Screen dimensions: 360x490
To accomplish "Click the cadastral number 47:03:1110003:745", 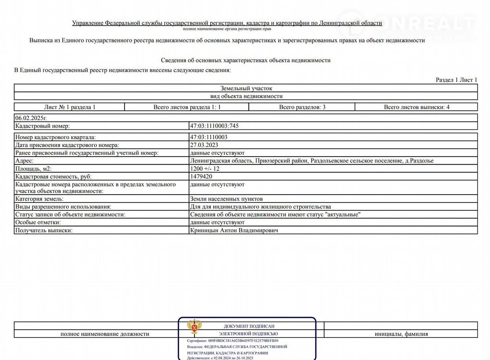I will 214,126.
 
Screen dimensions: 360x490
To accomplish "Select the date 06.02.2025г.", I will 31,118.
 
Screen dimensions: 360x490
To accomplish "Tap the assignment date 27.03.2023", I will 204,145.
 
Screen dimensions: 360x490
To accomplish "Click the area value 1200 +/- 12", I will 205,169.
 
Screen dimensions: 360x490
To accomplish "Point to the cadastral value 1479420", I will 201,177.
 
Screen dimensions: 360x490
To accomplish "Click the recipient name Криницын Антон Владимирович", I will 234,230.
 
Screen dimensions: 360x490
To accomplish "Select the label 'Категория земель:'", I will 40,199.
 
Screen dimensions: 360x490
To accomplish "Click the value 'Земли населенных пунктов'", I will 226,199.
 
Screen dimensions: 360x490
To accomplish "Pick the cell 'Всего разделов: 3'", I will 302,107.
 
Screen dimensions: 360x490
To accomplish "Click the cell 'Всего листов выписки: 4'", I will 416,107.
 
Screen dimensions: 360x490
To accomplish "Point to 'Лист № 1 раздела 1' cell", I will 70,107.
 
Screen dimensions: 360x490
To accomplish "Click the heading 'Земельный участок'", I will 246,89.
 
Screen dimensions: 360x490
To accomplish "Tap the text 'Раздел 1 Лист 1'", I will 456,80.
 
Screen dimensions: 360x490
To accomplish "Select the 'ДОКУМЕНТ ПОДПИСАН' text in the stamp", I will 249,326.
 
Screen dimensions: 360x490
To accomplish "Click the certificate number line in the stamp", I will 233,341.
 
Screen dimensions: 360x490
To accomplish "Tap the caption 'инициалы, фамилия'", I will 401,334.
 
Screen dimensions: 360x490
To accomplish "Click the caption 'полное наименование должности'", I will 105,334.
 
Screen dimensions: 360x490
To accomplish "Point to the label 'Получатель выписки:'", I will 44,230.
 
